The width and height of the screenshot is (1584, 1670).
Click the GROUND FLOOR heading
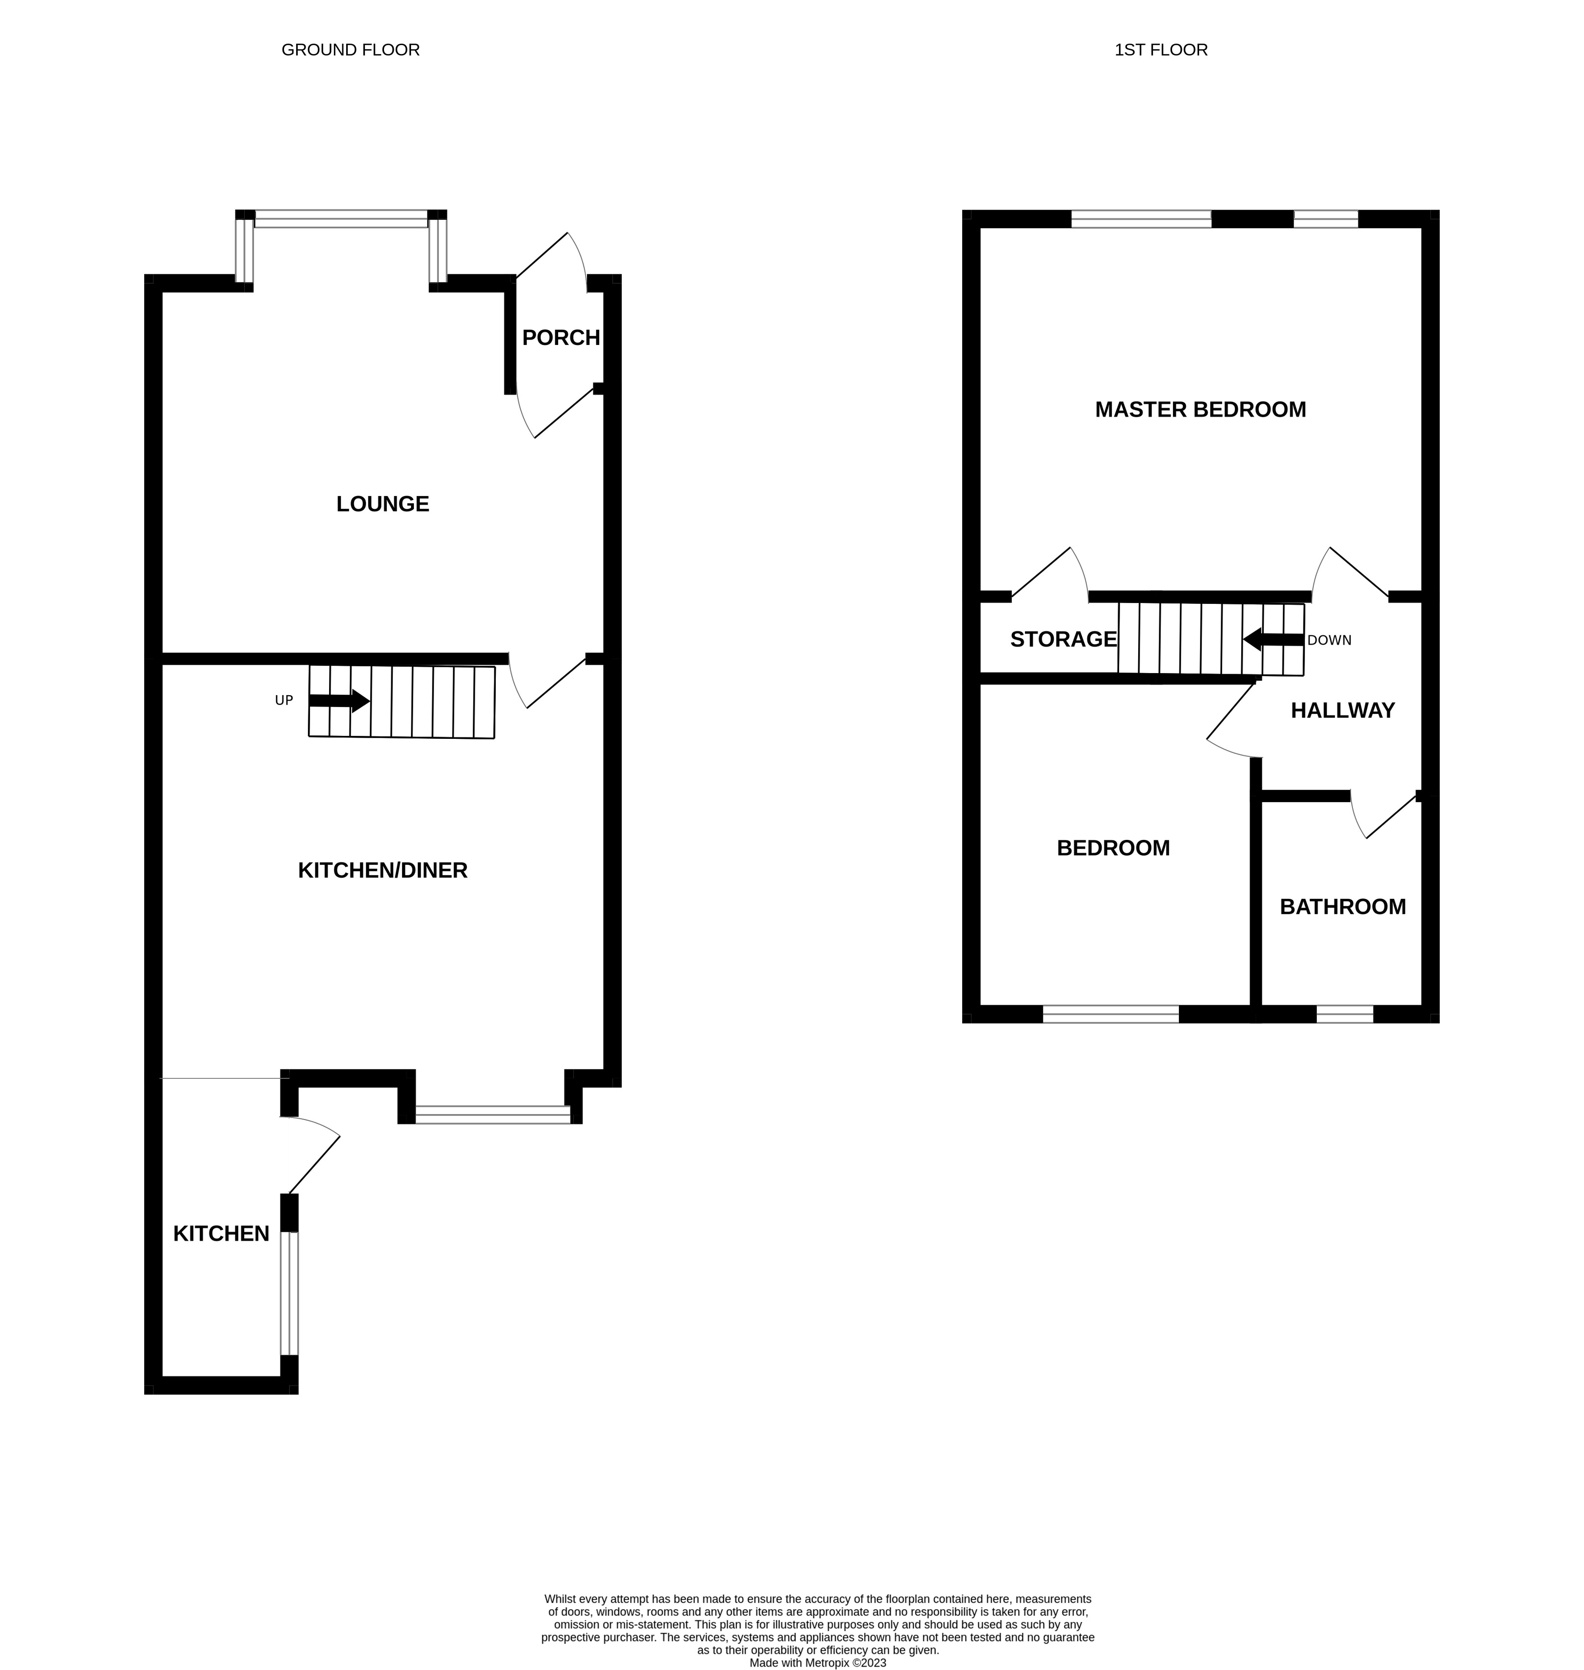351,50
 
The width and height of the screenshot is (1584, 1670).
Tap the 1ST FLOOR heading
1160,50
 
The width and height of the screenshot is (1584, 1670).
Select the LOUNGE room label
383,504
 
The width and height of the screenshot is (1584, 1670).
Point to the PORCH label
561,338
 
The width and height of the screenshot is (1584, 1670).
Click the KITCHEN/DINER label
383,870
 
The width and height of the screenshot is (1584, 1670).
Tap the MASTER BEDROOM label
1200,410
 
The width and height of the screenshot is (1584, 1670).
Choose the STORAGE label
1063,639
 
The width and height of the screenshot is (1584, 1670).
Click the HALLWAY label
1342,710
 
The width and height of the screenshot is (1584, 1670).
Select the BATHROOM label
1343,906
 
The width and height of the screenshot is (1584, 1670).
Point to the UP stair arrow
339,700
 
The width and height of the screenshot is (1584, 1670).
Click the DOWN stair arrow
1273,639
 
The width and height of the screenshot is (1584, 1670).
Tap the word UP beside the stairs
284,700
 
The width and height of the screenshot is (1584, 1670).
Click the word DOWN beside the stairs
1329,640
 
